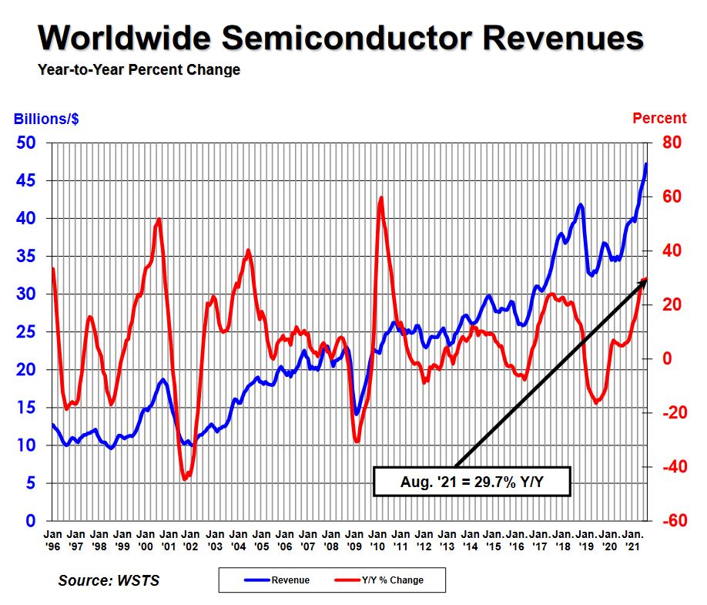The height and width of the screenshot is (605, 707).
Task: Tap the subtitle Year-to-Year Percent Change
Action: coord(139,70)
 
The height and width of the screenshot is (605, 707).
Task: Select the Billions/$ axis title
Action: coord(45,119)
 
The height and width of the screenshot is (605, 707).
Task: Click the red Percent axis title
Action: coord(658,119)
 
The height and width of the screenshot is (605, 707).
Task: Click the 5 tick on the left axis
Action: coord(32,483)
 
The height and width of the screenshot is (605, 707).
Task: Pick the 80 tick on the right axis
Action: coord(664,143)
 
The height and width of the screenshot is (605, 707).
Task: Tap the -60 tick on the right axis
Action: coord(664,521)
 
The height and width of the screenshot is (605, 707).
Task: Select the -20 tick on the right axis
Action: coord(664,413)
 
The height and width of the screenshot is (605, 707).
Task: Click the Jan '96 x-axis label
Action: coord(53,540)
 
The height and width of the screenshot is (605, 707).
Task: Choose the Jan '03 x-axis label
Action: coord(215,540)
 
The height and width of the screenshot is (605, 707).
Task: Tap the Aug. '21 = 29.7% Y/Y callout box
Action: coord(471,482)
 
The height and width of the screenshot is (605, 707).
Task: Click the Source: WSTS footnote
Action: coord(109,580)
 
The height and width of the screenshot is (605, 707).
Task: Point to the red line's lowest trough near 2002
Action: coord(185,479)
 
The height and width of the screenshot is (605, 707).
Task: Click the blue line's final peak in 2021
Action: coord(646,163)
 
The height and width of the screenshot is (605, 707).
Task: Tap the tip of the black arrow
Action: coord(645,281)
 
